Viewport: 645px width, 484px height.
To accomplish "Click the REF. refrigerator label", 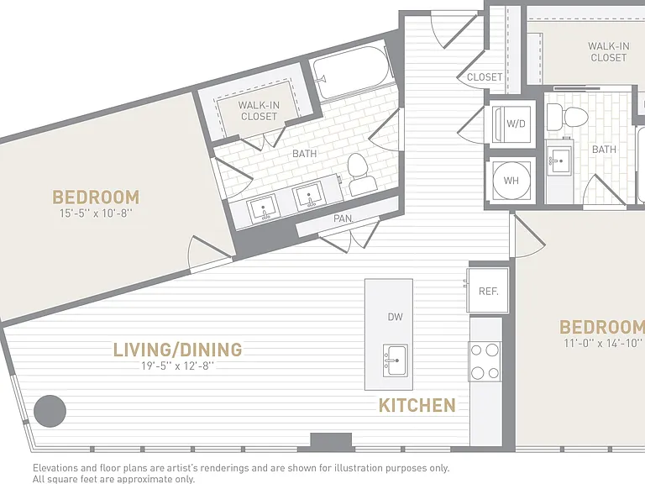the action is [488, 292].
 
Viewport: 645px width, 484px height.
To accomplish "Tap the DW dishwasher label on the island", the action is [395, 317].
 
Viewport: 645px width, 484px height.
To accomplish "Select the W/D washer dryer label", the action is [516, 123].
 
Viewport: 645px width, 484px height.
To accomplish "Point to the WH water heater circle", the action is [511, 181].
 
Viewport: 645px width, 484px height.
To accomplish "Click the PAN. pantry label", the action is [343, 218].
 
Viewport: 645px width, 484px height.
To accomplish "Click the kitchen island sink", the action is [396, 360].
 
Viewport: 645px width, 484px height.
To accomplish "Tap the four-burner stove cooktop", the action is [485, 362].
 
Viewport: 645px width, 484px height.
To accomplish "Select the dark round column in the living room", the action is [50, 411].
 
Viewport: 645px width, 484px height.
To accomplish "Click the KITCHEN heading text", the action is [417, 405].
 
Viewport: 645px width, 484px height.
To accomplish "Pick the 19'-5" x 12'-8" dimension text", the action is [178, 366].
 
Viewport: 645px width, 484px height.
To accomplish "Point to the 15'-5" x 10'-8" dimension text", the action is [97, 213].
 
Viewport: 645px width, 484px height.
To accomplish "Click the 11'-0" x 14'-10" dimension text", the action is [603, 343].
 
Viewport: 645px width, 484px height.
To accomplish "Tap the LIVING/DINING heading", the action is [178, 350].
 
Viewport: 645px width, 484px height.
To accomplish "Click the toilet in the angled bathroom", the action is [360, 174].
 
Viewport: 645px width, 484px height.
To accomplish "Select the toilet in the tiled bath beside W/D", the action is [567, 117].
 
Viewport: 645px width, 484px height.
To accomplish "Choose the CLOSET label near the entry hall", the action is [485, 77].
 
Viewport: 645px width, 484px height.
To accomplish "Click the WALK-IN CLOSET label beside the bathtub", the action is [259, 111].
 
